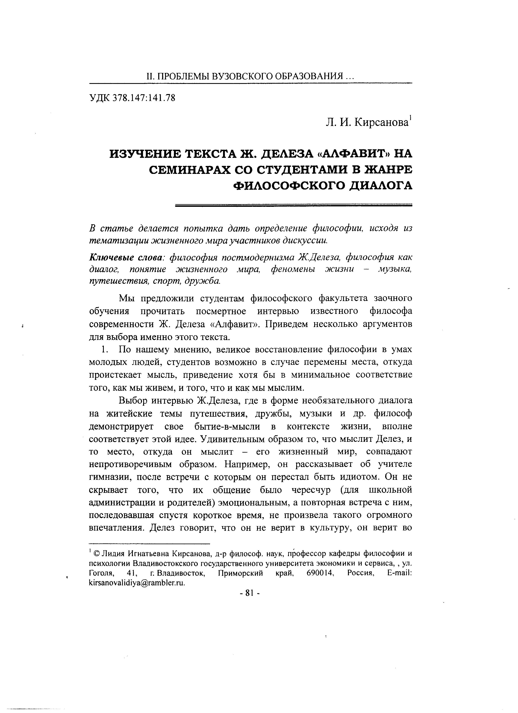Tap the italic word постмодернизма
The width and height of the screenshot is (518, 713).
click(x=258, y=258)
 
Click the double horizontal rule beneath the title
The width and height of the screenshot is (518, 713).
click(x=294, y=205)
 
